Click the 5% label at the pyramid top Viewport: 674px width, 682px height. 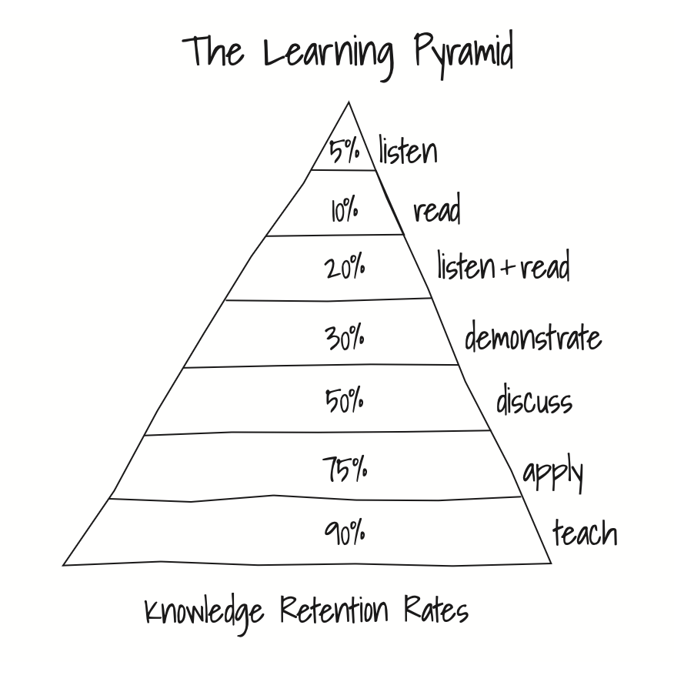point(344,150)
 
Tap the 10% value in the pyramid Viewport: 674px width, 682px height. point(345,209)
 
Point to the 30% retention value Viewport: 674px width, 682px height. point(345,337)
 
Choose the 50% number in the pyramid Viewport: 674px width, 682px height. point(345,401)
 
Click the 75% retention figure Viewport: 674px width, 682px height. point(345,468)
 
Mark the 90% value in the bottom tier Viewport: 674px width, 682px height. point(345,532)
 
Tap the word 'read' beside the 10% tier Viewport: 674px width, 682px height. point(437,209)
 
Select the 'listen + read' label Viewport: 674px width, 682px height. point(503,266)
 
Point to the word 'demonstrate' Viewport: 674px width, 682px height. point(532,336)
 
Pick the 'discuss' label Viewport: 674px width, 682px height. point(534,400)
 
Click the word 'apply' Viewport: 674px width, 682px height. point(552,472)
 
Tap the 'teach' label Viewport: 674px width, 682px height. point(585,532)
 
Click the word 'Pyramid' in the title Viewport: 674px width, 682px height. point(463,54)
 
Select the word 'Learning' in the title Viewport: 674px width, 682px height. point(329,54)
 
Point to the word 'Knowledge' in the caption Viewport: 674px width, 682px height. point(204,613)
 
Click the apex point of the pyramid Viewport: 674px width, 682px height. point(349,102)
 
